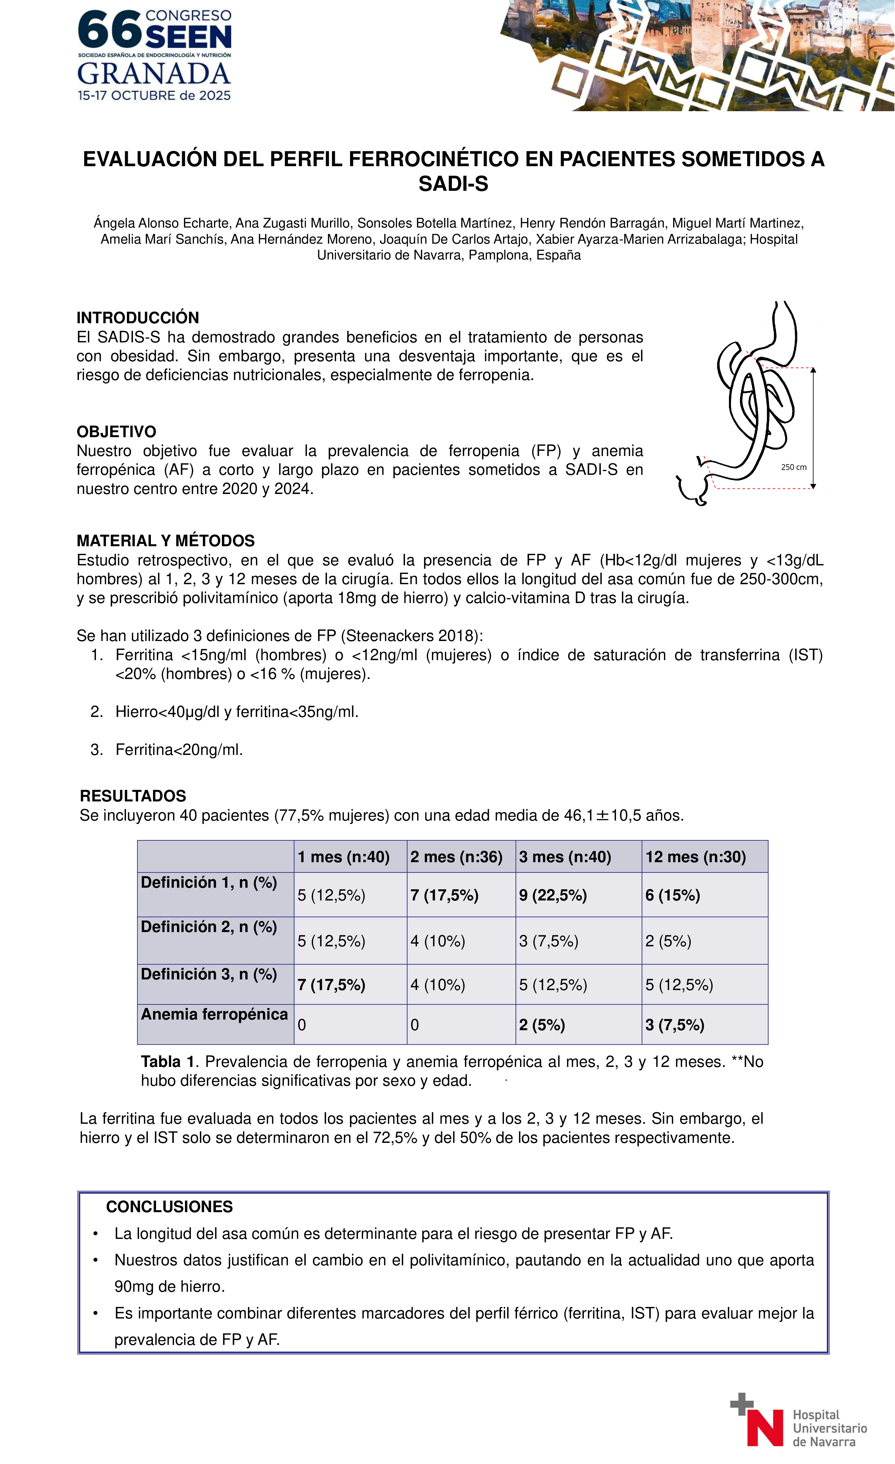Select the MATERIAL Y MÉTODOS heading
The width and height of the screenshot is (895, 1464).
166,541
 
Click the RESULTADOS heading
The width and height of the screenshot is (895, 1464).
133,796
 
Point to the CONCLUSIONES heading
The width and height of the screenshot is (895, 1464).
169,1207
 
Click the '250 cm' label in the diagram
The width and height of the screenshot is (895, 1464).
793,467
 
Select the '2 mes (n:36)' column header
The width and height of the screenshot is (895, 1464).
456,857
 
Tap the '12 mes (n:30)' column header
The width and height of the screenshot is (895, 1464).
696,857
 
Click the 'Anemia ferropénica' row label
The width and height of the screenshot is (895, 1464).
214,1014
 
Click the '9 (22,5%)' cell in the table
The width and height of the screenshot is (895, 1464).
553,895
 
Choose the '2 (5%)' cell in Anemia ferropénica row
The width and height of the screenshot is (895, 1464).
542,1025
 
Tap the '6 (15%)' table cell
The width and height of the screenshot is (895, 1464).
673,895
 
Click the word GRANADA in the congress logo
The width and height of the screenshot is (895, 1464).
154,74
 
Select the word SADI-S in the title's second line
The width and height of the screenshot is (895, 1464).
453,184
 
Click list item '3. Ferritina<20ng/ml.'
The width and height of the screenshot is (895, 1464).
179,750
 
